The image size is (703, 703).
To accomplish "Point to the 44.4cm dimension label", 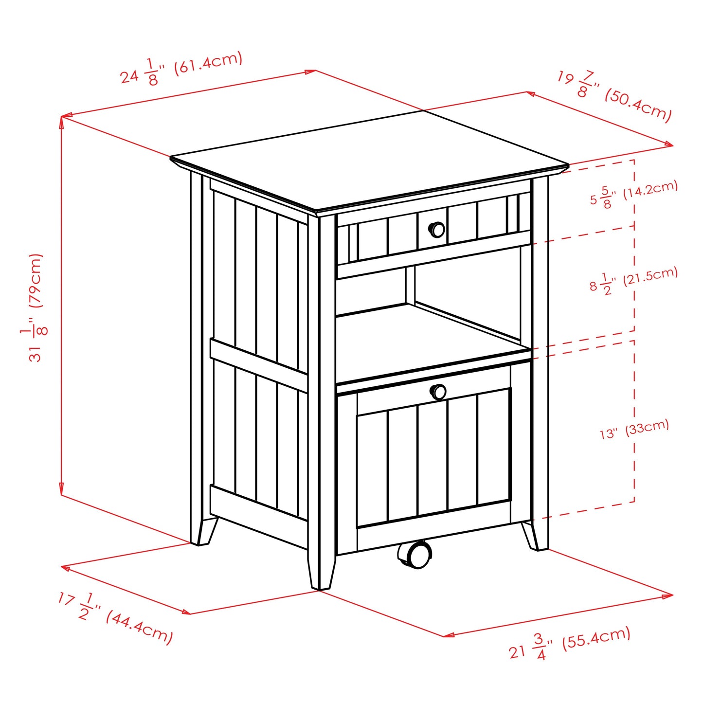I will coord(115,618).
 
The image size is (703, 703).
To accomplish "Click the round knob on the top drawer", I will coord(436,229).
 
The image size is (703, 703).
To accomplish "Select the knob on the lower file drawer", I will coord(438,392).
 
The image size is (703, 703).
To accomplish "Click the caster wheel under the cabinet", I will coord(415,554).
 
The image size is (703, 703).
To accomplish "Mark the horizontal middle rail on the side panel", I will coord(258,365).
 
